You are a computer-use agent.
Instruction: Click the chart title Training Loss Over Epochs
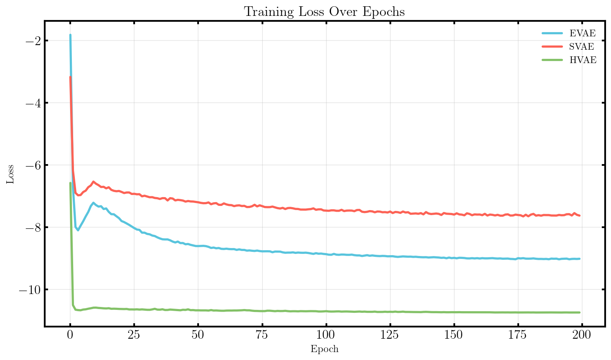click(x=324, y=12)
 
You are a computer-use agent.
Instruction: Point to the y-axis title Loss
click(x=10, y=174)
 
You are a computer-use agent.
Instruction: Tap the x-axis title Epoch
click(x=324, y=349)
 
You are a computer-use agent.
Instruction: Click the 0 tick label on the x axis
click(x=70, y=335)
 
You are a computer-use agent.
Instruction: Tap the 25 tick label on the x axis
click(x=134, y=335)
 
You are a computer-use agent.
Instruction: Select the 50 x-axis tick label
click(x=198, y=335)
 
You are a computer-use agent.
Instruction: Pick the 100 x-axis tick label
click(x=326, y=335)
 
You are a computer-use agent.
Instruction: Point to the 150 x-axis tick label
click(x=454, y=335)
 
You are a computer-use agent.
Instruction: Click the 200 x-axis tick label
click(x=582, y=335)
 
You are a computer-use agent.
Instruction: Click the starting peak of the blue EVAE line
click(x=70, y=35)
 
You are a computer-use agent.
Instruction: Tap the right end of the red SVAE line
click(x=579, y=215)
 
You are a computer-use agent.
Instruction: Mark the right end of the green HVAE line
click(x=579, y=312)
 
